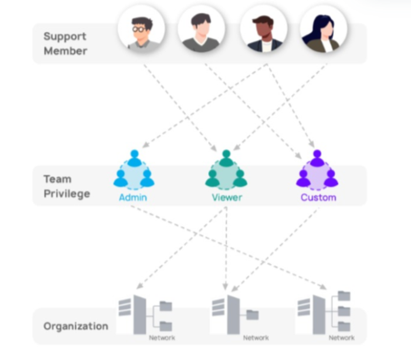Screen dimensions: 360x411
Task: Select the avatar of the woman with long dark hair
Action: point(323,30)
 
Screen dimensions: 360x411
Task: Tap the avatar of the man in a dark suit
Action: point(263,30)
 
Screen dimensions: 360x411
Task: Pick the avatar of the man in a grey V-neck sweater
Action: point(201,30)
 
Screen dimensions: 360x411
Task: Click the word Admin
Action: point(133,197)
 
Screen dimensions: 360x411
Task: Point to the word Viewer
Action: point(227,197)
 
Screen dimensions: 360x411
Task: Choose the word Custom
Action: point(318,197)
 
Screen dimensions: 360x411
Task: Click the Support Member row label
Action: point(65,44)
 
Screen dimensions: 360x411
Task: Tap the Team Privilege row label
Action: point(67,186)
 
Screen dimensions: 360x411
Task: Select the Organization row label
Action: point(76,326)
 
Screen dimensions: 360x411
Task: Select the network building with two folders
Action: point(144,314)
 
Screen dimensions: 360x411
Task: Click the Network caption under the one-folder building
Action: point(256,338)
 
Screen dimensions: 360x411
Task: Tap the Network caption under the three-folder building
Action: point(341,338)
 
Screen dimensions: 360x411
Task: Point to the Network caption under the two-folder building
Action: point(162,338)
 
